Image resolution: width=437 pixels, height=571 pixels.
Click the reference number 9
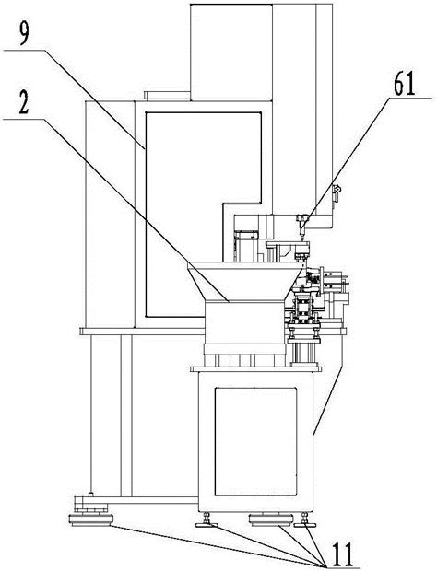[x=24, y=34]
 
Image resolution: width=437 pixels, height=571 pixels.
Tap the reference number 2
[x=24, y=103]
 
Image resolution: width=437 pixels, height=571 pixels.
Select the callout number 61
[x=404, y=85]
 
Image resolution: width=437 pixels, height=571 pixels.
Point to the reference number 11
[x=342, y=554]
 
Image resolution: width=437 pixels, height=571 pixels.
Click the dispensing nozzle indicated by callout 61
[x=302, y=226]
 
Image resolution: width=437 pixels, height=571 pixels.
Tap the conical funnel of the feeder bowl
[x=245, y=283]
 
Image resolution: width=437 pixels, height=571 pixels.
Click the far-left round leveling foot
[x=90, y=519]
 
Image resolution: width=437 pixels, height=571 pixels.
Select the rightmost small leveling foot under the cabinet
[x=305, y=520]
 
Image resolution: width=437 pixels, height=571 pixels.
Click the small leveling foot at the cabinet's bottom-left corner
[x=207, y=520]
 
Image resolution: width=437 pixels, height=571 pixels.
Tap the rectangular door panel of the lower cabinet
[x=255, y=441]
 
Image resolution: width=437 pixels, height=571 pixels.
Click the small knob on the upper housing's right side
[x=337, y=190]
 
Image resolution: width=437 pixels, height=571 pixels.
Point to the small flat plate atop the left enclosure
[x=167, y=96]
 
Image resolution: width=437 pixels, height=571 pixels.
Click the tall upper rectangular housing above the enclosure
[x=231, y=52]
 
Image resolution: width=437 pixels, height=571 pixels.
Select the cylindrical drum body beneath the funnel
[x=243, y=323]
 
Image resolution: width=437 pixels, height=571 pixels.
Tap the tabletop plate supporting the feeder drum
[x=256, y=369]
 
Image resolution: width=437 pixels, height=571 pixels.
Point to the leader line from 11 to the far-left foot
[x=218, y=544]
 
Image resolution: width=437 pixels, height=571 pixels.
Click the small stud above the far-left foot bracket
[x=91, y=495]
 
